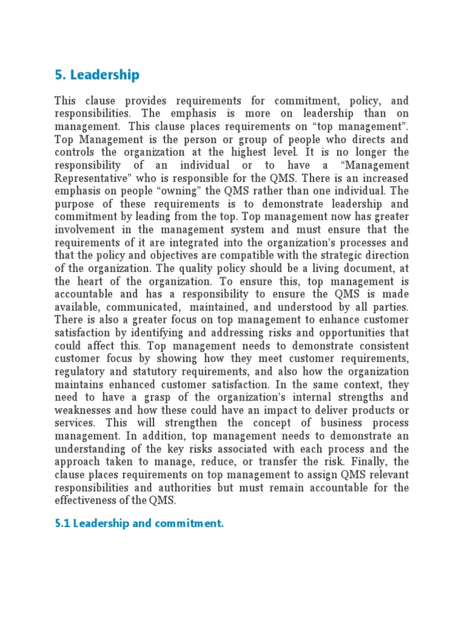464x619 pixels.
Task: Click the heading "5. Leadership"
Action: pos(97,75)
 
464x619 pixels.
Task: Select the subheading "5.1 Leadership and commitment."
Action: pos(139,523)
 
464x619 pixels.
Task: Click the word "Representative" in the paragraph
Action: pos(87,178)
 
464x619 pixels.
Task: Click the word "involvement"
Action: pos(85,230)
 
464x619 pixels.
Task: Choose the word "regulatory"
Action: pos(82,372)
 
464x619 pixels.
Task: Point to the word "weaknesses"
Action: pos(82,410)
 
